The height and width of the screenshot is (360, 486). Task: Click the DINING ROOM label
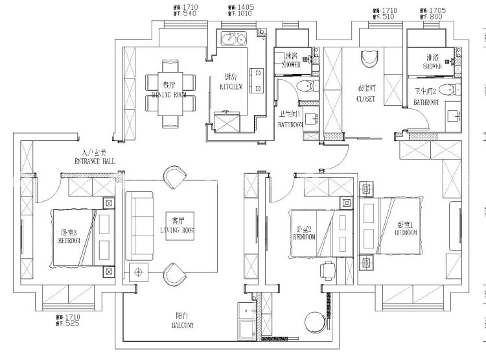pyautogui.click(x=169, y=95)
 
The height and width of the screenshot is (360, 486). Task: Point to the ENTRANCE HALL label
pyautogui.click(x=96, y=160)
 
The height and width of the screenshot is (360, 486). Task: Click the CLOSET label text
pyautogui.click(x=365, y=99)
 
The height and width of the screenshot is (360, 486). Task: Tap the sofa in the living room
pyautogui.click(x=137, y=224)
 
